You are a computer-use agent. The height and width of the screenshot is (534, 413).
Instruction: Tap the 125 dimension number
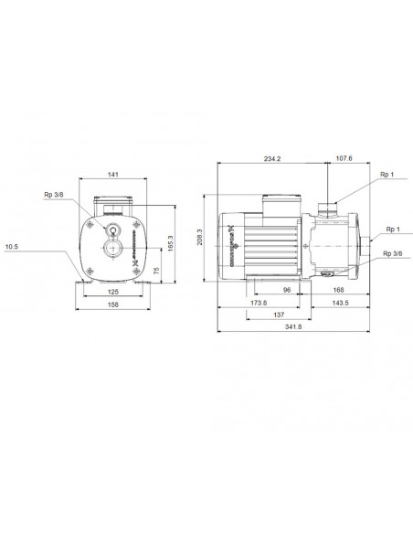coord(114,292)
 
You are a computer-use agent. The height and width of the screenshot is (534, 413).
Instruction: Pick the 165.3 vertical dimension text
coord(169,244)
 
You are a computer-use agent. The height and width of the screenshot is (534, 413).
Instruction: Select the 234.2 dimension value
coord(271,158)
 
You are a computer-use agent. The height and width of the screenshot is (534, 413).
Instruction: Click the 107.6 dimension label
coord(344,158)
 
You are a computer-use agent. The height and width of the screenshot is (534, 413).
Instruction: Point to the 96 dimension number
coord(286,290)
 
